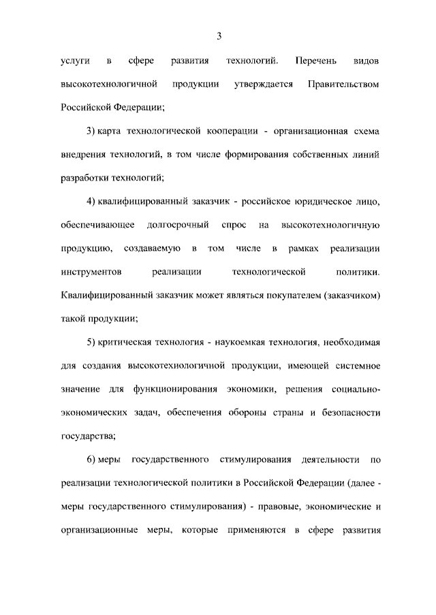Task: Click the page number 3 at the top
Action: (x=219, y=35)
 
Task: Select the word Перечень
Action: (x=315, y=61)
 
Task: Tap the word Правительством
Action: (x=343, y=84)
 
